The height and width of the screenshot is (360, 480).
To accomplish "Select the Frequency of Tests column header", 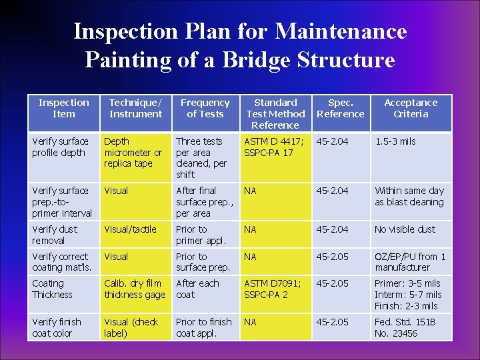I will pyautogui.click(x=205, y=108).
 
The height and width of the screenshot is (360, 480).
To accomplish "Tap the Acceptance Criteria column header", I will pyautogui.click(x=411, y=108).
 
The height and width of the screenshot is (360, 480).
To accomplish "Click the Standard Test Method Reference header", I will pyautogui.click(x=275, y=113).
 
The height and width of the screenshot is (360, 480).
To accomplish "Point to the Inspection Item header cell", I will pyautogui.click(x=63, y=108).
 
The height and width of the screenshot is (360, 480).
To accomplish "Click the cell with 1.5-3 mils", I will pyautogui.click(x=395, y=141).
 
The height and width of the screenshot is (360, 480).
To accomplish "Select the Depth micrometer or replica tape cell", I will pyautogui.click(x=133, y=152).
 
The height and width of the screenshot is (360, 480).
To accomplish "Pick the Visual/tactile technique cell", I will pyautogui.click(x=130, y=229).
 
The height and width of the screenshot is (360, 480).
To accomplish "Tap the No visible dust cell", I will pyautogui.click(x=405, y=229).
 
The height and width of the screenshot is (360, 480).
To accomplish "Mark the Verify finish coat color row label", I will pyautogui.click(x=57, y=327).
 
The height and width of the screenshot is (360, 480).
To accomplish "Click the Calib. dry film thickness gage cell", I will pyautogui.click(x=134, y=289).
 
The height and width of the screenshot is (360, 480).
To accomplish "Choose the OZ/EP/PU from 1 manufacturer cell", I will pyautogui.click(x=410, y=262).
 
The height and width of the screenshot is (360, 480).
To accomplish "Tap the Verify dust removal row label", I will pyautogui.click(x=55, y=235).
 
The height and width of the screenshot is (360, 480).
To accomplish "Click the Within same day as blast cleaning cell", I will pyautogui.click(x=409, y=196).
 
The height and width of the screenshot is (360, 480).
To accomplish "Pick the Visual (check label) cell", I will pyautogui.click(x=131, y=327).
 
